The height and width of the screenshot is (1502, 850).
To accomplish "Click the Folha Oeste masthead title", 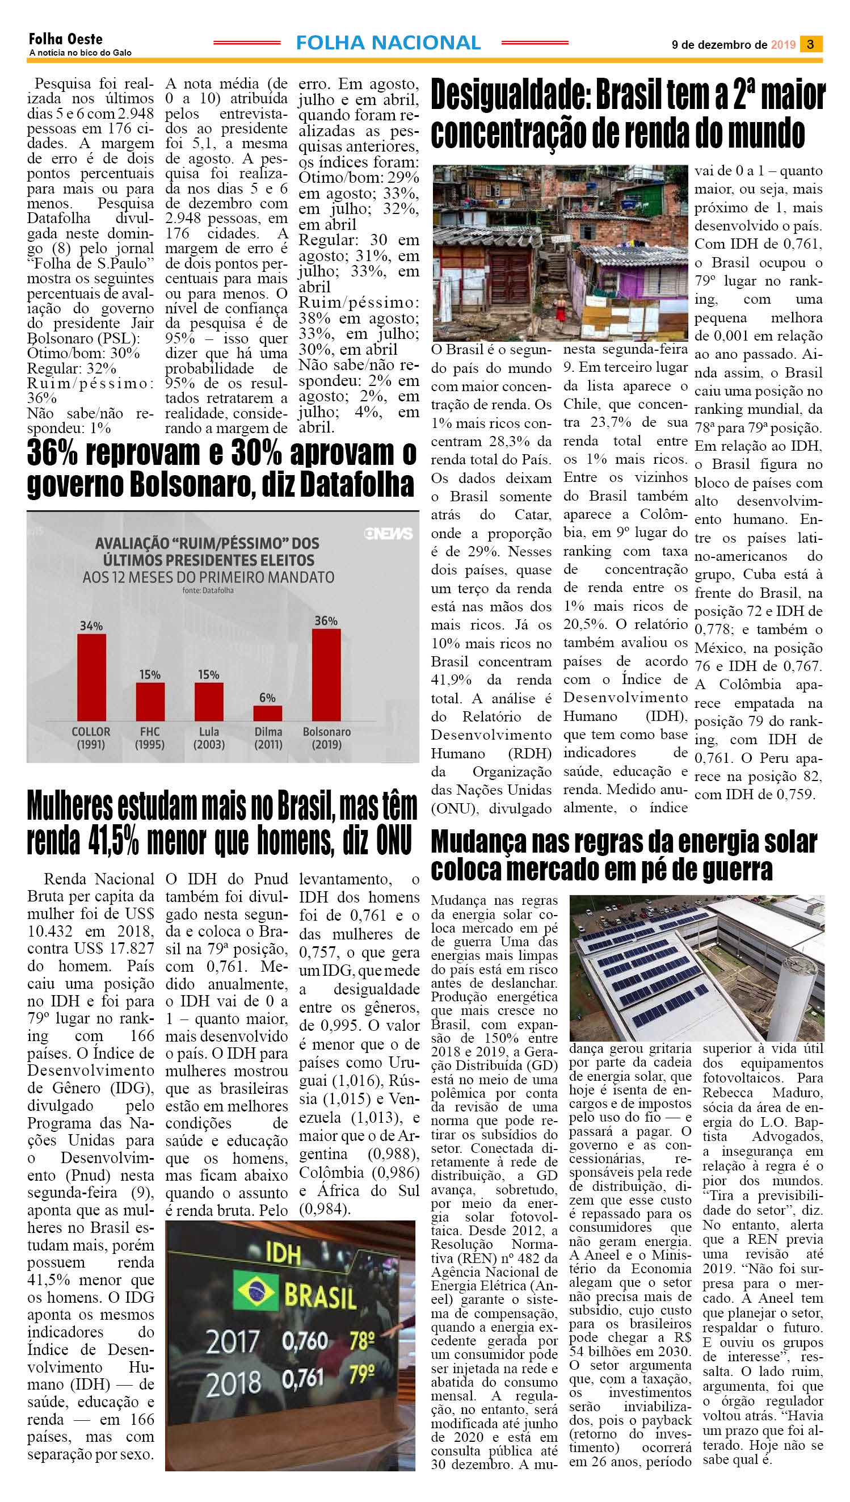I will tap(65, 40).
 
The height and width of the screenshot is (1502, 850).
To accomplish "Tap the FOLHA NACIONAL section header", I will tap(388, 43).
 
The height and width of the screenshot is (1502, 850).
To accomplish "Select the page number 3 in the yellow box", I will tap(811, 44).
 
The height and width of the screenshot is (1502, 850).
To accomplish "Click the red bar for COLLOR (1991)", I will tap(92, 677).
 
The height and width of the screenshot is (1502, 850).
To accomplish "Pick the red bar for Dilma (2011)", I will tap(267, 713).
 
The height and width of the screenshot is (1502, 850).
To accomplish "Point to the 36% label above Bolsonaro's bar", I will tap(326, 620).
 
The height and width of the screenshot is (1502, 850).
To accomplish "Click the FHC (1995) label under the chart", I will tap(149, 737).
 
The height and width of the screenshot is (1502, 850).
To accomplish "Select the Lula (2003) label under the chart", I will tap(208, 737).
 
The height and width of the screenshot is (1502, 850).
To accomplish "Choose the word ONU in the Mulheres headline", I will tap(389, 841).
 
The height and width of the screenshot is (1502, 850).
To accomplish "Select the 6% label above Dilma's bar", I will tap(267, 697).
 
